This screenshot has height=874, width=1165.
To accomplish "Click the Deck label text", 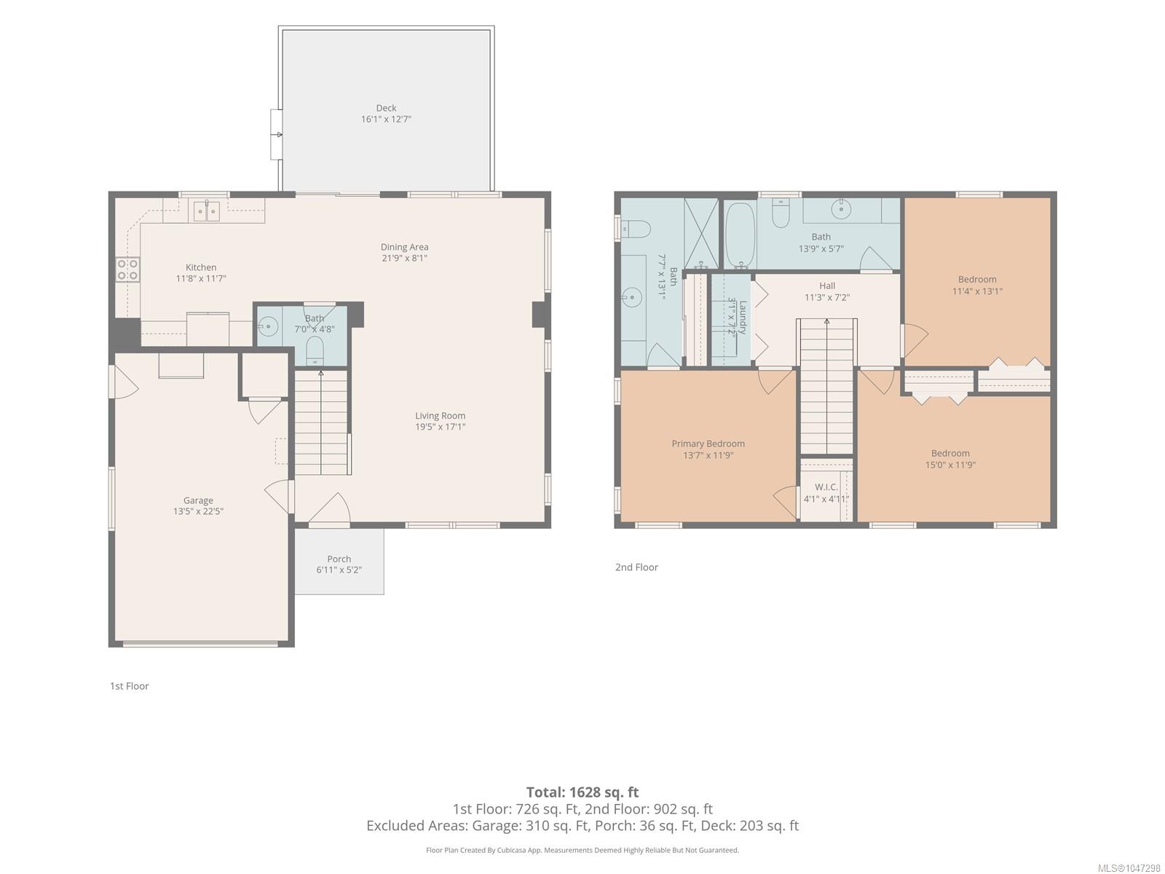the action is pos(386,108).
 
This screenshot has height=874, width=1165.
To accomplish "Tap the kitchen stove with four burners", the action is pos(128,269).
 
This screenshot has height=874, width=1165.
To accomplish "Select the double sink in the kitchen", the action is pos(206,211).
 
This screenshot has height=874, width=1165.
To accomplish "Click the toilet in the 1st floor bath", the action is pos(315,351).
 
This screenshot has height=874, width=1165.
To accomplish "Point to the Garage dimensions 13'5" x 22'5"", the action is pos(198,511).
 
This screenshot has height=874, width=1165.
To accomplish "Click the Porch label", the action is pos(339,559).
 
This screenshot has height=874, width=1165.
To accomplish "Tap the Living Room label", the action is pos(440,415).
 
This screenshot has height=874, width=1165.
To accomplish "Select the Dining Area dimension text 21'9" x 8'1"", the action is pos(404,258).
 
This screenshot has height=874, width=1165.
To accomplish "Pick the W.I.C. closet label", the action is pos(826,487).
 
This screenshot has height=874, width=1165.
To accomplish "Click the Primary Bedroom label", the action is pos(708,443).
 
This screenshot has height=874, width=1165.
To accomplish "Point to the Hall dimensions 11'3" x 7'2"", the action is pos(827,297).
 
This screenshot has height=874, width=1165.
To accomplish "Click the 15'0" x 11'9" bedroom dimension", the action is pos(950,465).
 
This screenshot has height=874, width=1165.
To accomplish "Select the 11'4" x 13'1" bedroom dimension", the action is pos(977,291).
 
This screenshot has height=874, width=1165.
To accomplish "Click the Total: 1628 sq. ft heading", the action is pos(582,792).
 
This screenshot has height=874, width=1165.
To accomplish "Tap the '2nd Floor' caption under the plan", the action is pos(636,567).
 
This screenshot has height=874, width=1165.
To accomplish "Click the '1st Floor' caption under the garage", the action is pos(129,685).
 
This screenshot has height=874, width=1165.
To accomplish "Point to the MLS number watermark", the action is pos(1129,868).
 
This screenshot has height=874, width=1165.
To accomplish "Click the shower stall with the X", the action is pos(700,233).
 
